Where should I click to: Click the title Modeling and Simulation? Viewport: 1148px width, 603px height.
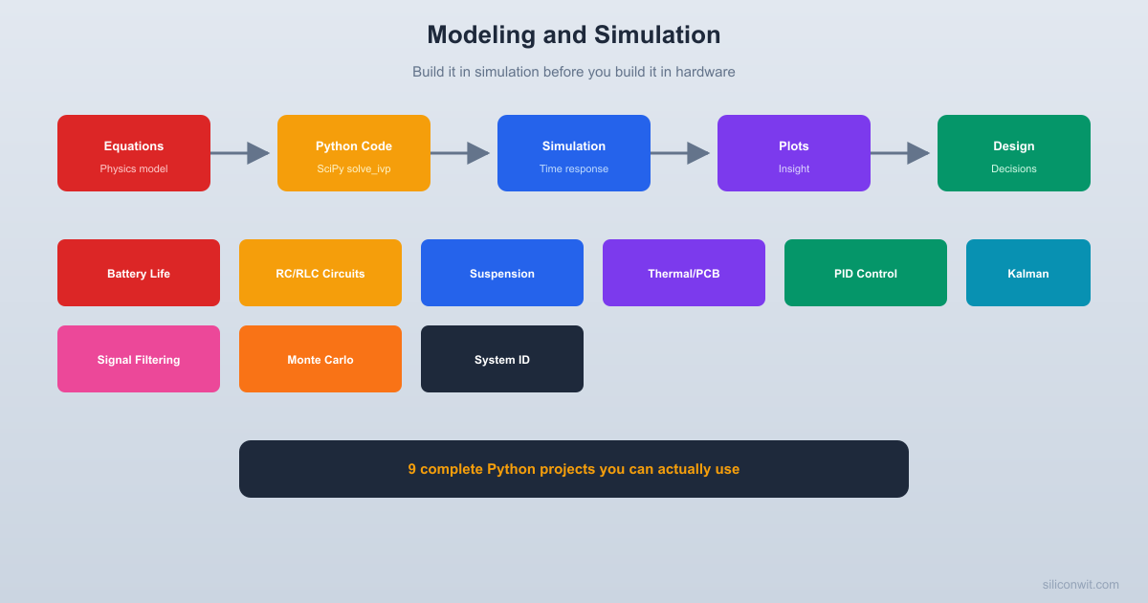tap(574, 34)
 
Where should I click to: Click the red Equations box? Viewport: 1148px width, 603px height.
tap(134, 153)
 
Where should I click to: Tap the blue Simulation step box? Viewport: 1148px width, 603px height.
tap(574, 153)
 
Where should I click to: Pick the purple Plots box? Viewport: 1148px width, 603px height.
tap(794, 153)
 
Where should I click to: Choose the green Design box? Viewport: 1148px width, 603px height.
tap(1014, 153)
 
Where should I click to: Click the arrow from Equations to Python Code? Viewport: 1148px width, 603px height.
tap(241, 153)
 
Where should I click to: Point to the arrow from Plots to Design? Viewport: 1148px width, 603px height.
tap(901, 153)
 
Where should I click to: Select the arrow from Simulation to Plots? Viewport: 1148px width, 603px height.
tap(681, 153)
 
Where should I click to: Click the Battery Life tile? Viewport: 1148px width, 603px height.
tap(139, 273)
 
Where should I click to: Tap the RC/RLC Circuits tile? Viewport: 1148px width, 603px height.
tap(320, 273)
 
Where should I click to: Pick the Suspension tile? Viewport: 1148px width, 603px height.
tap(502, 273)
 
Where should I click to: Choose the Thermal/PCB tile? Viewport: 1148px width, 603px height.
tap(684, 273)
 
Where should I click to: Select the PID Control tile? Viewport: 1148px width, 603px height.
tap(866, 273)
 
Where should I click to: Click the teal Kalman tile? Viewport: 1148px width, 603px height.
tap(1028, 273)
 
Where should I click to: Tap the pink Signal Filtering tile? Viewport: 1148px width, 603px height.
tap(139, 359)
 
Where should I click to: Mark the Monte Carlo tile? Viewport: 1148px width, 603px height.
tap(320, 359)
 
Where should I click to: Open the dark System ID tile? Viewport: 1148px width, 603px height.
tap(502, 359)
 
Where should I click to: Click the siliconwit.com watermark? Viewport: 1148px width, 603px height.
tap(1080, 584)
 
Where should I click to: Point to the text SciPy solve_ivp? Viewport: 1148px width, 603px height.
tap(354, 169)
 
